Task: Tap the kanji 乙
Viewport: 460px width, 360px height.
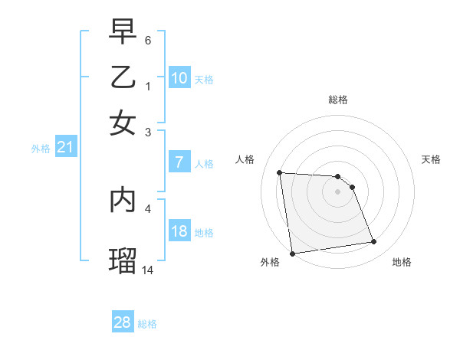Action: pyautogui.click(x=123, y=78)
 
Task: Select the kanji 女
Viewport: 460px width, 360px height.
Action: pyautogui.click(x=123, y=122)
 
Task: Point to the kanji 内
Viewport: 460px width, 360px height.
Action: pyautogui.click(x=123, y=198)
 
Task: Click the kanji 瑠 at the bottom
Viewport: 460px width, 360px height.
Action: pyautogui.click(x=123, y=259)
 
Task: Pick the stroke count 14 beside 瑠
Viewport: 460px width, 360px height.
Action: pyautogui.click(x=148, y=270)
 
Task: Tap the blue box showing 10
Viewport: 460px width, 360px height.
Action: pyautogui.click(x=179, y=78)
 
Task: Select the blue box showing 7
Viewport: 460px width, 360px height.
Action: pyautogui.click(x=179, y=162)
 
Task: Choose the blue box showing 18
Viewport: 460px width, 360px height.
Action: pyautogui.click(x=179, y=231)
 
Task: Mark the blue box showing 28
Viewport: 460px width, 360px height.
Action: pyautogui.click(x=123, y=322)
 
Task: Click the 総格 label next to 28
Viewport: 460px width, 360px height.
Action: pyautogui.click(x=147, y=324)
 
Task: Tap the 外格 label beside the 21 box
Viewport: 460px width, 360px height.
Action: pyautogui.click(x=41, y=149)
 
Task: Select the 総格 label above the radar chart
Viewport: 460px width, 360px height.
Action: pyautogui.click(x=337, y=100)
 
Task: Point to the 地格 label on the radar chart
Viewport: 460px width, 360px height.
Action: pyautogui.click(x=402, y=262)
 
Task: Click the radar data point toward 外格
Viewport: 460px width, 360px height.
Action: pyautogui.click(x=292, y=254)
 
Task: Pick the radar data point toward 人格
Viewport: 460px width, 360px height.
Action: pyautogui.click(x=280, y=172)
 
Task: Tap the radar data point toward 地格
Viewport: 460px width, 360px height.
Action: pyautogui.click(x=374, y=242)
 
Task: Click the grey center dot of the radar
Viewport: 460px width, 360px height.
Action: pyautogui.click(x=337, y=191)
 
